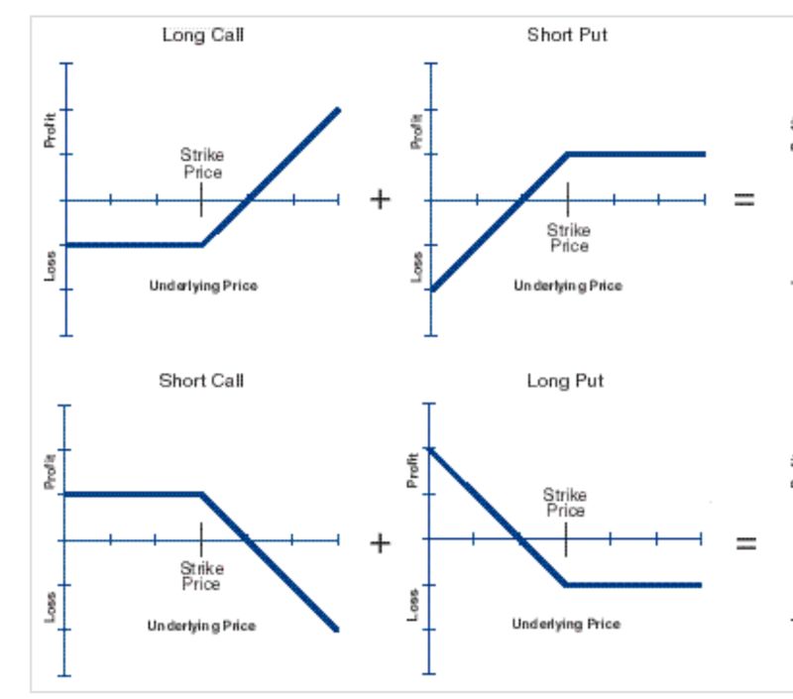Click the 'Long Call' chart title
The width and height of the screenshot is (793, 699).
point(202,36)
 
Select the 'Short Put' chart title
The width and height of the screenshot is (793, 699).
point(567,36)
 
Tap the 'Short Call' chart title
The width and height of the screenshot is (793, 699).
point(201,381)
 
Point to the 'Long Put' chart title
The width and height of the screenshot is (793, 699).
point(565,381)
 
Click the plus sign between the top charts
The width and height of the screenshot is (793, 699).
point(380,199)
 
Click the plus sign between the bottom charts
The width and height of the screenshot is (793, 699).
point(380,543)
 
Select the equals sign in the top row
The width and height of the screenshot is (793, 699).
point(743,199)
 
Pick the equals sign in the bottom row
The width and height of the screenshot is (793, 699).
point(743,543)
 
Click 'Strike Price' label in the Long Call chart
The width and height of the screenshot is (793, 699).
point(201,164)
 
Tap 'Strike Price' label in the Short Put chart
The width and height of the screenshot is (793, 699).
point(568,238)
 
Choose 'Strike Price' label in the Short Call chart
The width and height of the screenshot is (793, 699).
point(201,576)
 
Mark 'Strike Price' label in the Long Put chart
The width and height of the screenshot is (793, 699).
point(565,503)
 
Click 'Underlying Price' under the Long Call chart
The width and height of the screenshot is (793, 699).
point(203,286)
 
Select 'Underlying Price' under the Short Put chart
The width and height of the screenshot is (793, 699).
point(568,286)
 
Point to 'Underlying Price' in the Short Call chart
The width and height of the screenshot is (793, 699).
point(201,626)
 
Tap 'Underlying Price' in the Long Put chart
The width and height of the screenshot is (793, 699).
point(566,624)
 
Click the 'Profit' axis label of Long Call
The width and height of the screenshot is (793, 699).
point(51,131)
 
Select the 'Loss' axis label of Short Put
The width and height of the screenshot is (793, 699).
point(416,266)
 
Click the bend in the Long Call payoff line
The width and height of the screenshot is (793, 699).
point(202,244)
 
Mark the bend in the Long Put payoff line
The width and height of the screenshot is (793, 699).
point(565,585)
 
